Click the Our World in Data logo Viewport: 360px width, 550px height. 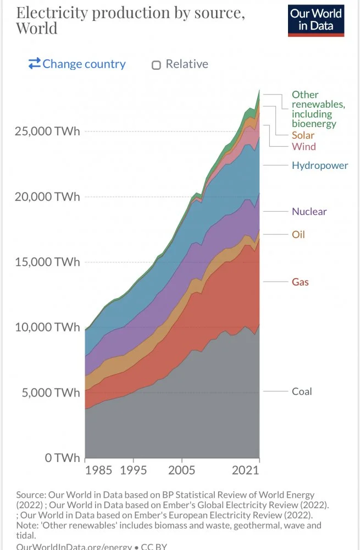315,20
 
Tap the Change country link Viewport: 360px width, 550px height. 77,64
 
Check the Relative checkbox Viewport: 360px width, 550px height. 156,65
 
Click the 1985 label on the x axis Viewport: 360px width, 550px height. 98,470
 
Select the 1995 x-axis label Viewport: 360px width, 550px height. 134,470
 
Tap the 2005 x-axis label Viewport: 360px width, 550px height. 182,470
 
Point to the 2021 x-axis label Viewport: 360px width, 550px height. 245,470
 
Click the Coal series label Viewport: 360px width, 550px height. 302,392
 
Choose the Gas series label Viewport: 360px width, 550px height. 300,282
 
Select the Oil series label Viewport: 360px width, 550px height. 298,235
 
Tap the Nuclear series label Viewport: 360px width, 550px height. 309,212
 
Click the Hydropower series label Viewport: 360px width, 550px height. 319,166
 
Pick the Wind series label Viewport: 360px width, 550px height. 303,147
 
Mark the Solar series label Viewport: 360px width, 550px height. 303,135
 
